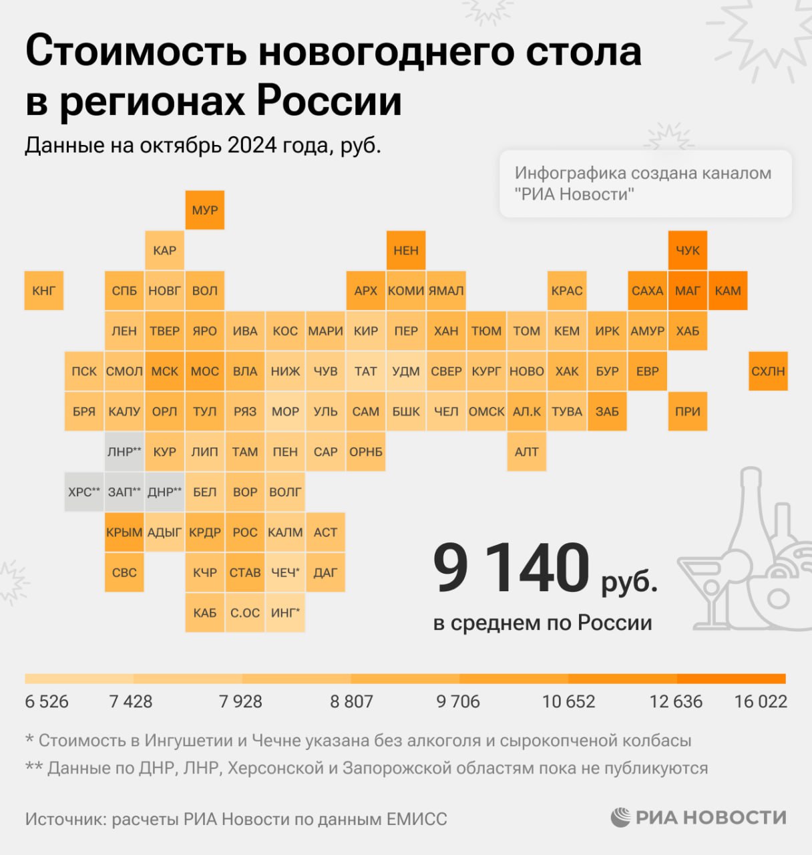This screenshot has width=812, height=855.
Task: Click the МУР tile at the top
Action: (204, 210)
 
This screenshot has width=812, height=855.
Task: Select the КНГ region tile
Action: (44, 291)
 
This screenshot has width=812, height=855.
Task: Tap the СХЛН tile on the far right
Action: (768, 371)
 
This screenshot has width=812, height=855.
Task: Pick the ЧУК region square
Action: (688, 250)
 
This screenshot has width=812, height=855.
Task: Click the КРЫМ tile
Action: (124, 532)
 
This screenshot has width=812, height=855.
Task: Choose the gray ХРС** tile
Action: (84, 492)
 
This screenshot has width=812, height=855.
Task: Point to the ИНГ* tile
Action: (285, 613)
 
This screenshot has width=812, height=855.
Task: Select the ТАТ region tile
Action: (366, 371)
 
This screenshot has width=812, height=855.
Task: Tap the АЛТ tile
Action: (527, 452)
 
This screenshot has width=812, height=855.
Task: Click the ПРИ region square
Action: (688, 411)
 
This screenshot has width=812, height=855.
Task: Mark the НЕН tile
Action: (406, 250)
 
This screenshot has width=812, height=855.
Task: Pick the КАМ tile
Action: (728, 291)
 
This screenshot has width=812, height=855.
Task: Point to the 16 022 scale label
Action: (761, 701)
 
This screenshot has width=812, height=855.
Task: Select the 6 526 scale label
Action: (47, 701)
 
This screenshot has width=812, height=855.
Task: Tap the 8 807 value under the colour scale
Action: (351, 701)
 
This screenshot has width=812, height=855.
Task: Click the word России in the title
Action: (329, 102)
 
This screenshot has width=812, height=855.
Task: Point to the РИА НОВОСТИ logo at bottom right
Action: (698, 817)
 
